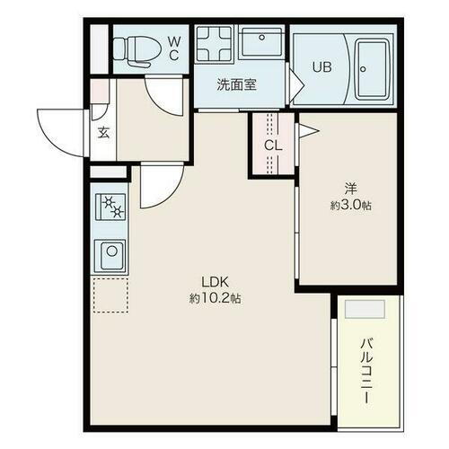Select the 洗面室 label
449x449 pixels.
coord(237,85)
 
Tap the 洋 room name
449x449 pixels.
coord(351,189)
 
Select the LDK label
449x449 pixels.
coord(214,281)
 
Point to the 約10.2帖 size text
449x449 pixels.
coord(214,297)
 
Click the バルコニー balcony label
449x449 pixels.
coord(367,369)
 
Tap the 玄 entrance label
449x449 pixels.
coord(102,134)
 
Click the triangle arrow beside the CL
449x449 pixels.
coord(308,131)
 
